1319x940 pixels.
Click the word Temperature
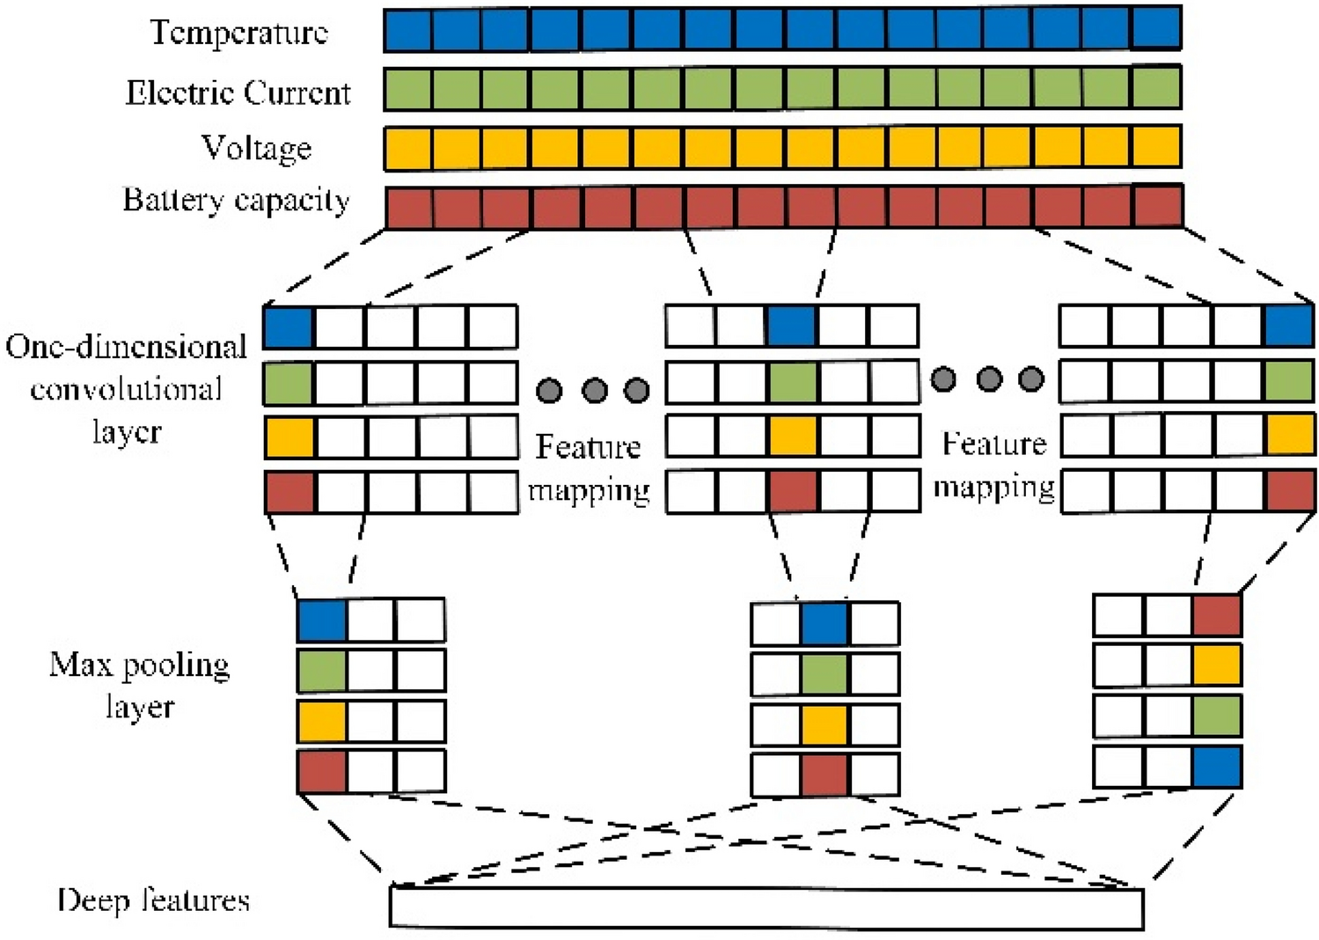coord(238,33)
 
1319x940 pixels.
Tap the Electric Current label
coord(238,92)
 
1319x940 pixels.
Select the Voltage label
coord(256,148)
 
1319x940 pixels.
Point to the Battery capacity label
coord(236,201)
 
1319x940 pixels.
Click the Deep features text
coord(153,900)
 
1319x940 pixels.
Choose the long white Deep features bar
coord(766,907)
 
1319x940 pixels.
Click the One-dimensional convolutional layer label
coord(126,389)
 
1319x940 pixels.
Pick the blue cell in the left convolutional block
coord(289,327)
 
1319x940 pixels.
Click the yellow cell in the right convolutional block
coord(1289,436)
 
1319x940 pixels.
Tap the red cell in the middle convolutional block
coord(793,491)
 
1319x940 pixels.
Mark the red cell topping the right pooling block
coord(1217,614)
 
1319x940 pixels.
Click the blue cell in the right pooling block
coord(1217,767)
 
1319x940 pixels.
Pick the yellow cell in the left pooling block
coord(322,722)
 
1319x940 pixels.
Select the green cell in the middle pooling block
coord(824,674)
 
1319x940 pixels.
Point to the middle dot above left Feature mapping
coord(595,390)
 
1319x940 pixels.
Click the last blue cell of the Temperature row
coord(1156,29)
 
